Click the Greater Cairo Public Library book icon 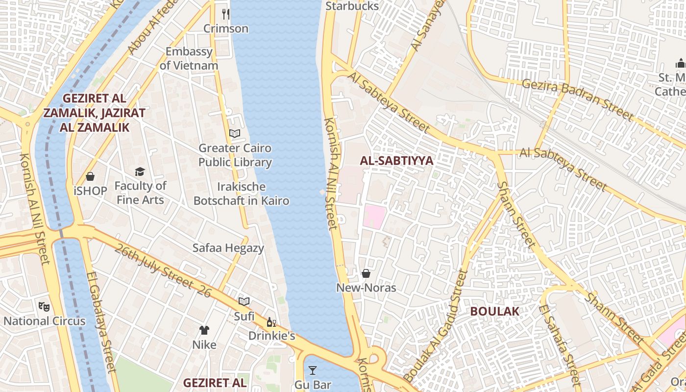pyautogui.click(x=235, y=133)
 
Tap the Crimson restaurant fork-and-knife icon pyautogui.click(x=226, y=14)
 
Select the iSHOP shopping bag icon pyautogui.click(x=90, y=176)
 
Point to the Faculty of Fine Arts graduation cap pyautogui.click(x=140, y=171)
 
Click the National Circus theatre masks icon pyautogui.click(x=44, y=307)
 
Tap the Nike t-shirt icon pyautogui.click(x=204, y=330)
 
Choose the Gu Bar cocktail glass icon pyautogui.click(x=313, y=370)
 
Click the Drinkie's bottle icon pyautogui.click(x=271, y=322)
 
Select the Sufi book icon pyautogui.click(x=244, y=301)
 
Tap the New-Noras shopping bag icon pyautogui.click(x=366, y=273)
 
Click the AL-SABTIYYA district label pyautogui.click(x=396, y=161)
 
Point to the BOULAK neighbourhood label pyautogui.click(x=494, y=311)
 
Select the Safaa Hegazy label pyautogui.click(x=228, y=248)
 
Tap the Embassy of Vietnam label pyautogui.click(x=189, y=58)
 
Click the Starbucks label pyautogui.click(x=352, y=6)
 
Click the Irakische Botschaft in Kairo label pyautogui.click(x=241, y=194)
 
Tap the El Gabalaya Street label pyautogui.click(x=101, y=321)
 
